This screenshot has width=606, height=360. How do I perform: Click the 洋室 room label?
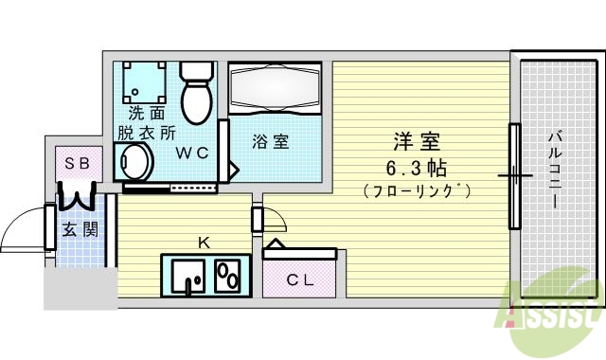pyautogui.click(x=418, y=142)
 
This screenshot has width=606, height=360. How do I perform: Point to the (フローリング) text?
pyautogui.click(x=418, y=190)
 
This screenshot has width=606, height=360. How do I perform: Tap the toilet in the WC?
pyautogui.click(x=198, y=94)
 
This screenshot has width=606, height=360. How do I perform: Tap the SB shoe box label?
pyautogui.click(x=77, y=163)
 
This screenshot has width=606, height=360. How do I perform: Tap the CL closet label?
pyautogui.click(x=300, y=279)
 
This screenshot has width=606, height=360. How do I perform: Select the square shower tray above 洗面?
pyautogui.click(x=143, y=84)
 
